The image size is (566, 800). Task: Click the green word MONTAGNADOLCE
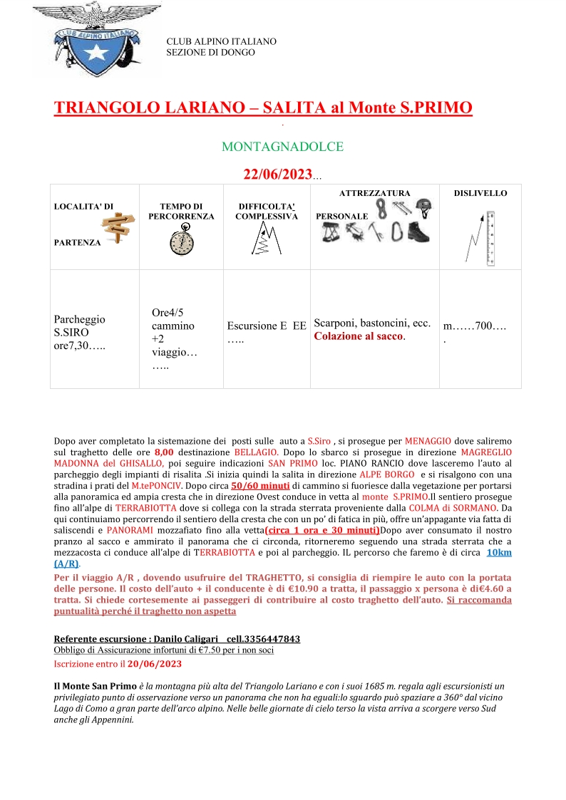[x=282, y=147]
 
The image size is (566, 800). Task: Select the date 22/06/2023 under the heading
[x=277, y=175]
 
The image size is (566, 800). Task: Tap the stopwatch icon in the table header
[x=181, y=239]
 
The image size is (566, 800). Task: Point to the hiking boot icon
[x=419, y=232]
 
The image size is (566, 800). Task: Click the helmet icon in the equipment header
[x=423, y=207]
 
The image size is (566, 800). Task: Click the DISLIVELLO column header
[x=480, y=193]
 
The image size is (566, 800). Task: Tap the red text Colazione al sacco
[x=359, y=336]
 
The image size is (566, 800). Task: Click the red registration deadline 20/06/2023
[x=155, y=663]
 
